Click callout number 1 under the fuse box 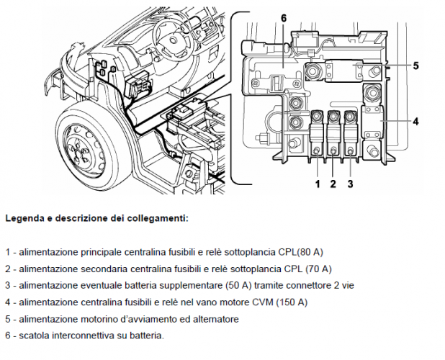click(317, 184)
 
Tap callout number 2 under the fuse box click(333, 184)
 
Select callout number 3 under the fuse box click(350, 184)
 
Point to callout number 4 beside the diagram click(416, 122)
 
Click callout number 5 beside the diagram click(416, 66)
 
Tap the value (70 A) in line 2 click(316, 269)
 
